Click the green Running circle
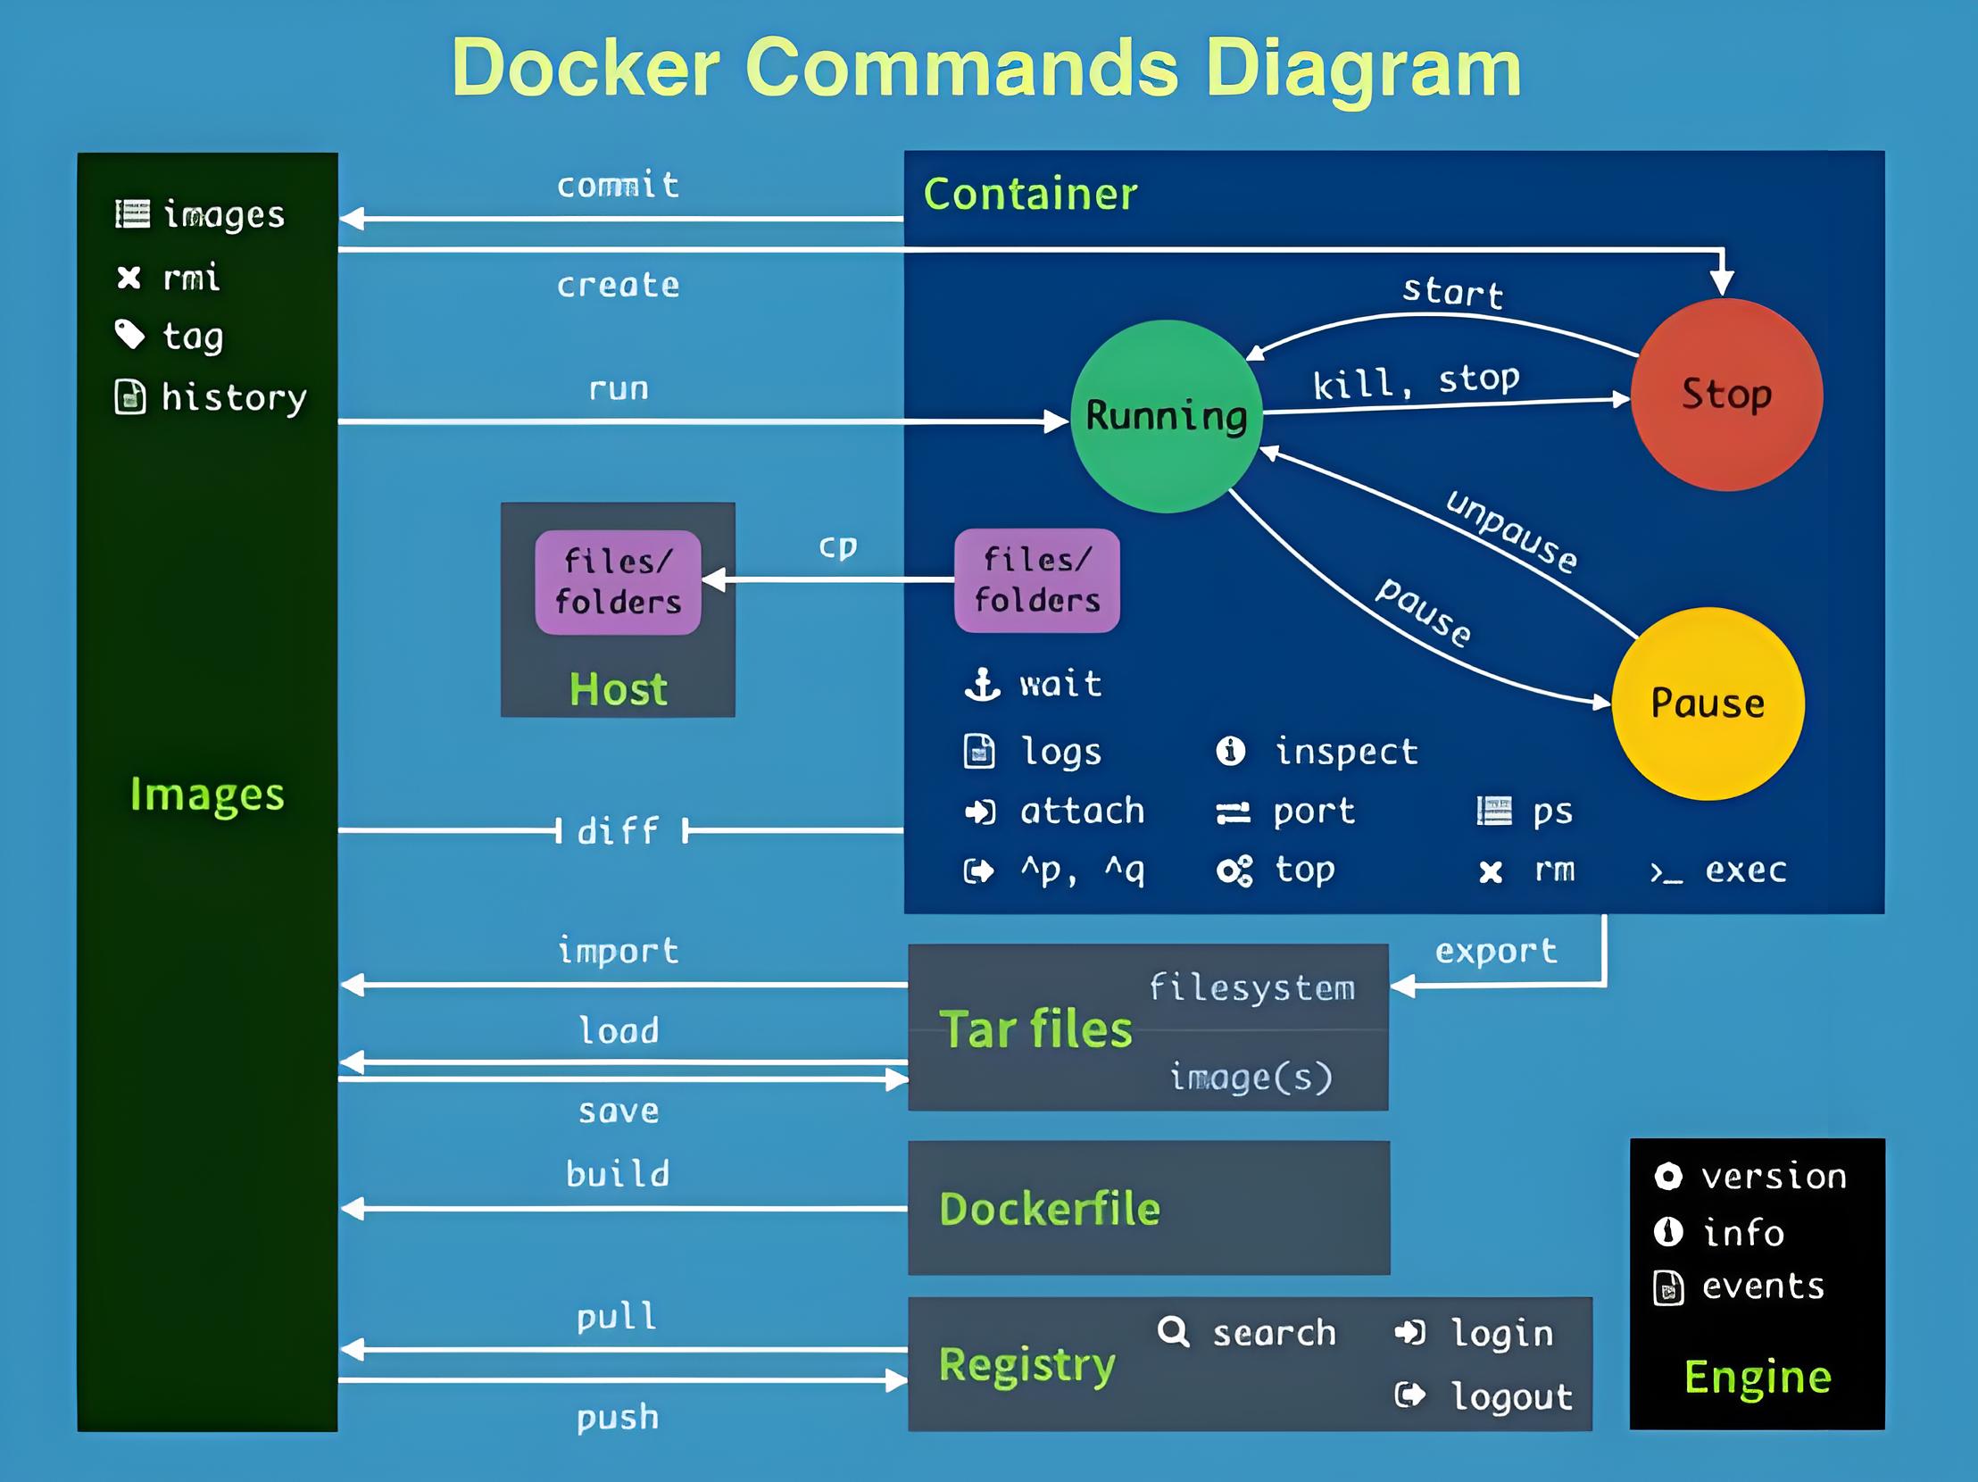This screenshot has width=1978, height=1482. tap(1166, 416)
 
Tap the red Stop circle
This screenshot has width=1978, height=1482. tap(1725, 394)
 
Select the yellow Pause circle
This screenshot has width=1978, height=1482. tap(1707, 703)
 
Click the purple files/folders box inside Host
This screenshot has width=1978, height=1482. tap(618, 582)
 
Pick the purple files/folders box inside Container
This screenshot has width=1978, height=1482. tap(1036, 580)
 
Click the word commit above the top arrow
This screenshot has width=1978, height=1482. tap(618, 185)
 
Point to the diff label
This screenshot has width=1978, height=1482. tap(618, 831)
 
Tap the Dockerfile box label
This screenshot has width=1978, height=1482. tap(1049, 1209)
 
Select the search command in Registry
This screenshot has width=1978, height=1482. tap(1274, 1333)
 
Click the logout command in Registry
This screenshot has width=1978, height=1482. tap(1510, 1396)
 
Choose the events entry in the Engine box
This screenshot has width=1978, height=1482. tap(1762, 1286)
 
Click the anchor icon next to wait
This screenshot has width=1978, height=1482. tap(982, 684)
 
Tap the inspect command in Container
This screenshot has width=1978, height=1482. tap(1346, 752)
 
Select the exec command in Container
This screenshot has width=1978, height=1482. tap(1745, 870)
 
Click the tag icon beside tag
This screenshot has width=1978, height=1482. tap(129, 335)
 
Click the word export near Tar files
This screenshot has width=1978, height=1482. tap(1496, 951)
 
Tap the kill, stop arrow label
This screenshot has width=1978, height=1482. tap(1416, 382)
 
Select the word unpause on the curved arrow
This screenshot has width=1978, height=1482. tap(1511, 531)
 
